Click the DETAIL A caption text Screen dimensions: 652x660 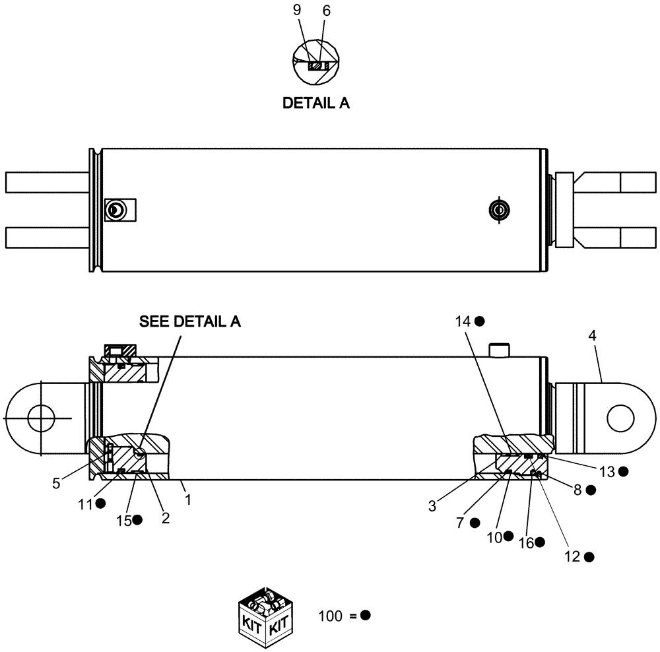pos(315,104)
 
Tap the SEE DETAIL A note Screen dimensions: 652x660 pos(189,321)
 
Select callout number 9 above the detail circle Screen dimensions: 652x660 pos(296,11)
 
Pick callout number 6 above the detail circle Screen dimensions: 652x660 pos(326,11)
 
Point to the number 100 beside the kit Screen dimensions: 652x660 pos(329,616)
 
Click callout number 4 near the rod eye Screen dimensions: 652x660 pos(592,335)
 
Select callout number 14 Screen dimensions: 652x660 pos(462,321)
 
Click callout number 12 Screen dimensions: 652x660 pos(572,556)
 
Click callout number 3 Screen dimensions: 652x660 pos(432,506)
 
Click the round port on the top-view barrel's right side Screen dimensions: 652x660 pos(498,210)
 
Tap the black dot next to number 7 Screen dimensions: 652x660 pos(475,523)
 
